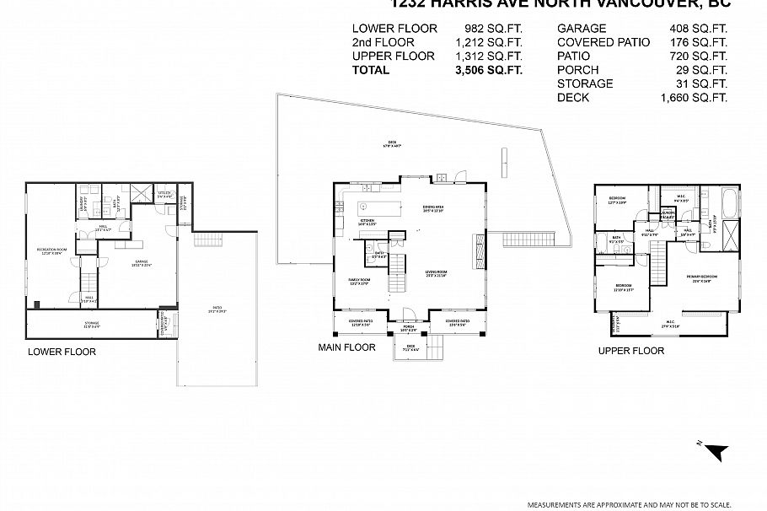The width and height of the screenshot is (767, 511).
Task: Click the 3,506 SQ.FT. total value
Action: point(488,70)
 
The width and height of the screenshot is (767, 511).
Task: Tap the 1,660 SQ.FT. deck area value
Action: point(694,98)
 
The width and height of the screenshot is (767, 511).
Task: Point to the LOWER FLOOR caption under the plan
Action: point(62,352)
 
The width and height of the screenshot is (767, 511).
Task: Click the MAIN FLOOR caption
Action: point(346,347)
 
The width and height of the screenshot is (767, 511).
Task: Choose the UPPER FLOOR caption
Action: point(630,351)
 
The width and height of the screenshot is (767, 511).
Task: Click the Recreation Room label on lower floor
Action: point(51,251)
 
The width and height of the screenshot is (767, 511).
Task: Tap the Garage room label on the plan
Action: point(140,262)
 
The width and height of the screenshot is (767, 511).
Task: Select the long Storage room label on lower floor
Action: point(91,324)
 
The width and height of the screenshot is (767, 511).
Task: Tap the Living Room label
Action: point(435,272)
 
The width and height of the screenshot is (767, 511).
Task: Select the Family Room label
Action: point(360,282)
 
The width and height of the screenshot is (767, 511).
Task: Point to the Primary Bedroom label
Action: point(701,279)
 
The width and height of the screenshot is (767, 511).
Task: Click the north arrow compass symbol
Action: point(716,452)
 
